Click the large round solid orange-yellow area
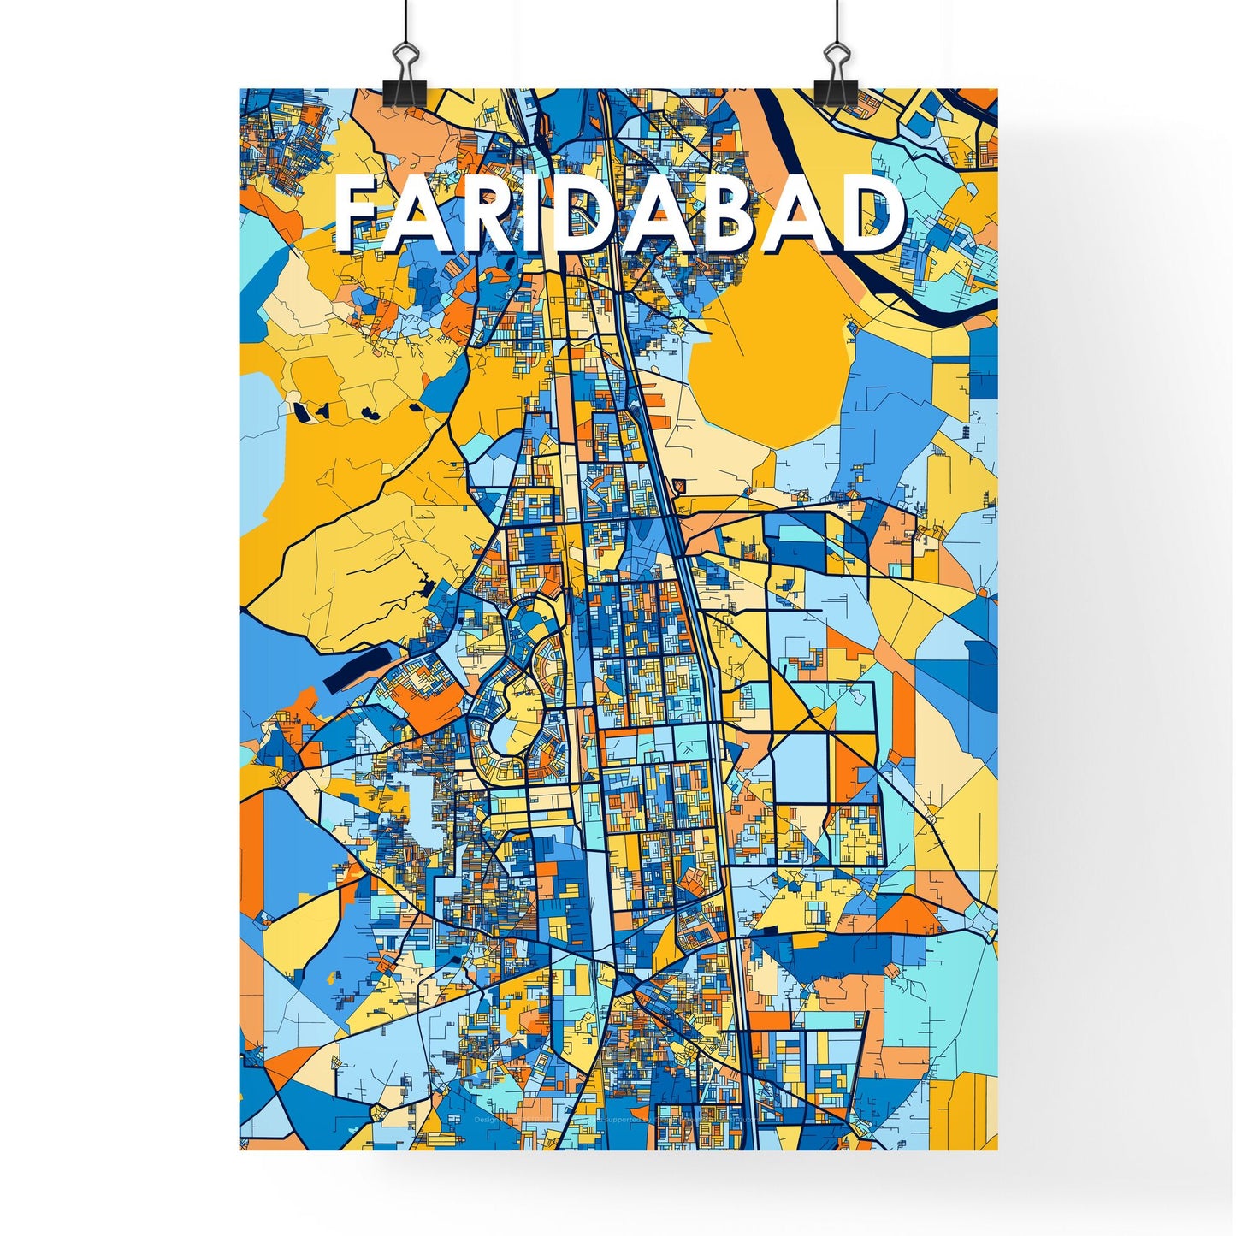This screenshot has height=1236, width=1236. tap(770, 351)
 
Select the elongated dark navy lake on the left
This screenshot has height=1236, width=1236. tap(359, 668)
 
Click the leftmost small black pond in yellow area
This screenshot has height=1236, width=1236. tap(302, 411)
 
